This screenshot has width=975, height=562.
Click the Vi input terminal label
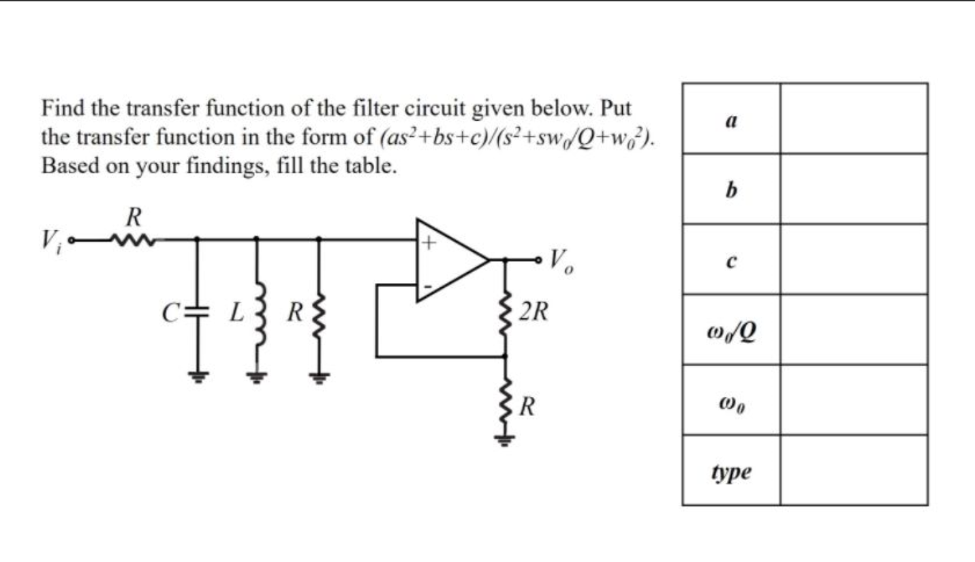[x=49, y=241]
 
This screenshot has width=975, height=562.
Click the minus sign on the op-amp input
[x=427, y=287]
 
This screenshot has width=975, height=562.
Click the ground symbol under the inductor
[x=256, y=376]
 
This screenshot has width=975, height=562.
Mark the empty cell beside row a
[x=853, y=119]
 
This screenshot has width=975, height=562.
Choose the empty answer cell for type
[x=853, y=471]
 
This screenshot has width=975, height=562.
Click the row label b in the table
[x=731, y=190]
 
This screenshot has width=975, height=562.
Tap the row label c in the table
[x=731, y=261]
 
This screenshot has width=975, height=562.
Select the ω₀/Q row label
[x=731, y=331]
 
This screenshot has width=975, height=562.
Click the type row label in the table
[x=731, y=471]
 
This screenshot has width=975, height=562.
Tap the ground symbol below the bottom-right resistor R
[x=505, y=439]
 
